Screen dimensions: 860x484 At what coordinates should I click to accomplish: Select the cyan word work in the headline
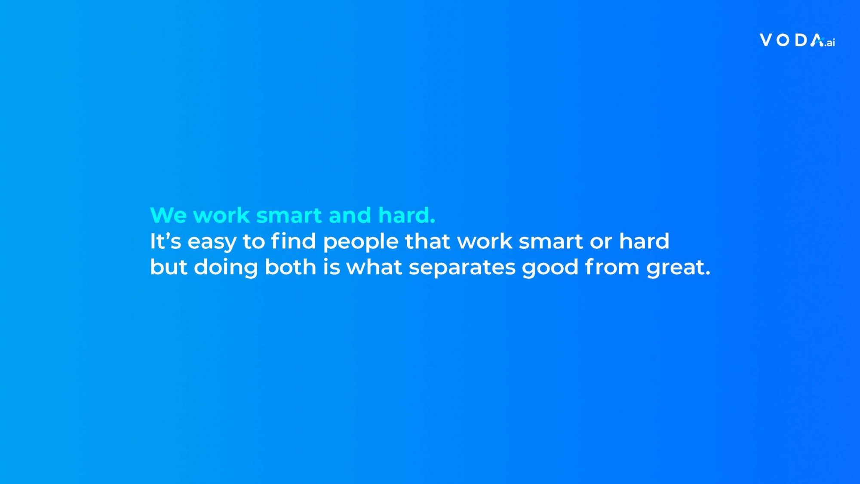221,215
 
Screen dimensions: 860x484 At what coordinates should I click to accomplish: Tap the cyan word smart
289,216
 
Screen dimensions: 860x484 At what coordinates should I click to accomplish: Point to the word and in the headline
350,215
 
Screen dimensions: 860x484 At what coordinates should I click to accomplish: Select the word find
294,240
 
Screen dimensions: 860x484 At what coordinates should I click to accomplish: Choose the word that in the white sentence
428,241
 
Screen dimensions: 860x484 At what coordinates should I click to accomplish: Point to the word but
169,267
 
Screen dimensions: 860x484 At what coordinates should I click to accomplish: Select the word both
291,267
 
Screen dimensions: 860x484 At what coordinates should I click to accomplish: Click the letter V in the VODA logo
766,40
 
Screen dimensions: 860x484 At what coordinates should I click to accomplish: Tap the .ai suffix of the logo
829,43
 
